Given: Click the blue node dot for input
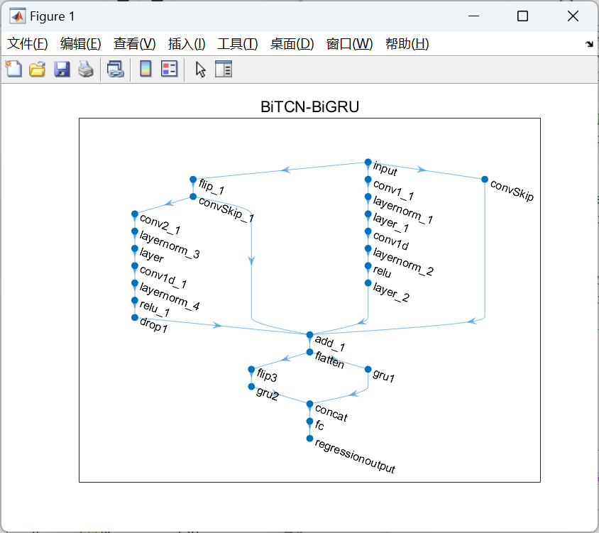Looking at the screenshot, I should [368, 163].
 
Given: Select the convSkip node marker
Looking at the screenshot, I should [485, 180].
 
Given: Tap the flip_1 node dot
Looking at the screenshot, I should [193, 180].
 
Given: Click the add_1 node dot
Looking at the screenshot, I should [309, 335].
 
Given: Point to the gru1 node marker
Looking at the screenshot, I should [368, 370].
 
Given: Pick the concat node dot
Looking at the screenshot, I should [309, 405].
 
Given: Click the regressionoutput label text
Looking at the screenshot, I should [355, 456].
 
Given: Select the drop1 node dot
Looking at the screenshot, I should [135, 317].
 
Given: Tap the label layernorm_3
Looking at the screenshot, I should [170, 245].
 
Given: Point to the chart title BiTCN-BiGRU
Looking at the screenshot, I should [309, 108].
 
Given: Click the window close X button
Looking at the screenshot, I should [573, 16].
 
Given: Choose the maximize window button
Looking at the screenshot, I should [522, 16].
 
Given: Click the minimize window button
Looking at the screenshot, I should [473, 16].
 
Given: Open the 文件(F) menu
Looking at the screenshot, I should [28, 44].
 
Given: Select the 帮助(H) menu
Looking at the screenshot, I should [407, 44].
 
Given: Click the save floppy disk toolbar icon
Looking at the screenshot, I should [62, 69].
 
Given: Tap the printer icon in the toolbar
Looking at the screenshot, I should [86, 69].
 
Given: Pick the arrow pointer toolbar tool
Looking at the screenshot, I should [201, 69].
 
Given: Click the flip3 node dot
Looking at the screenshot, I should [251, 370].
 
